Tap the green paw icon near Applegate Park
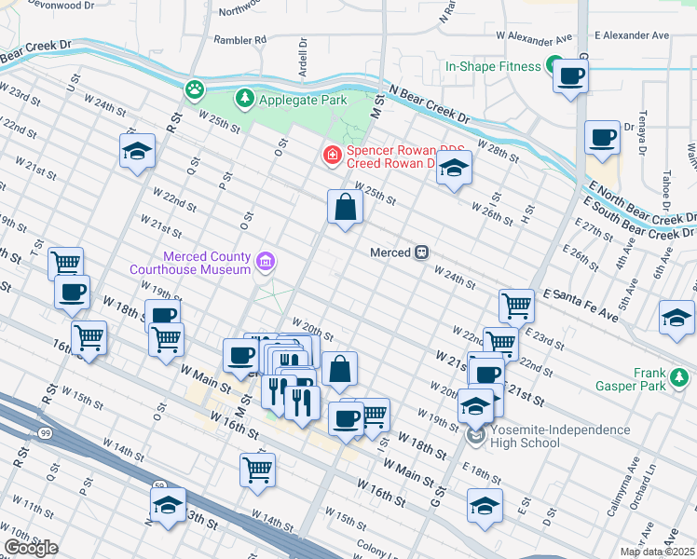point(194,89)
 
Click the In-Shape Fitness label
point(493,67)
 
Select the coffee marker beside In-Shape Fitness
point(571,75)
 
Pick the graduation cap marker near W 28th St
point(454,169)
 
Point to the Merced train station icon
point(421,252)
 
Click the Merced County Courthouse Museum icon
point(266,262)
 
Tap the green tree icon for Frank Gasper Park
point(681,377)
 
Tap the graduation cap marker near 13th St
point(168,507)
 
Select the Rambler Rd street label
point(240,40)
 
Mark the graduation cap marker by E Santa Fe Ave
point(676,318)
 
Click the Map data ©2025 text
point(657,552)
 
